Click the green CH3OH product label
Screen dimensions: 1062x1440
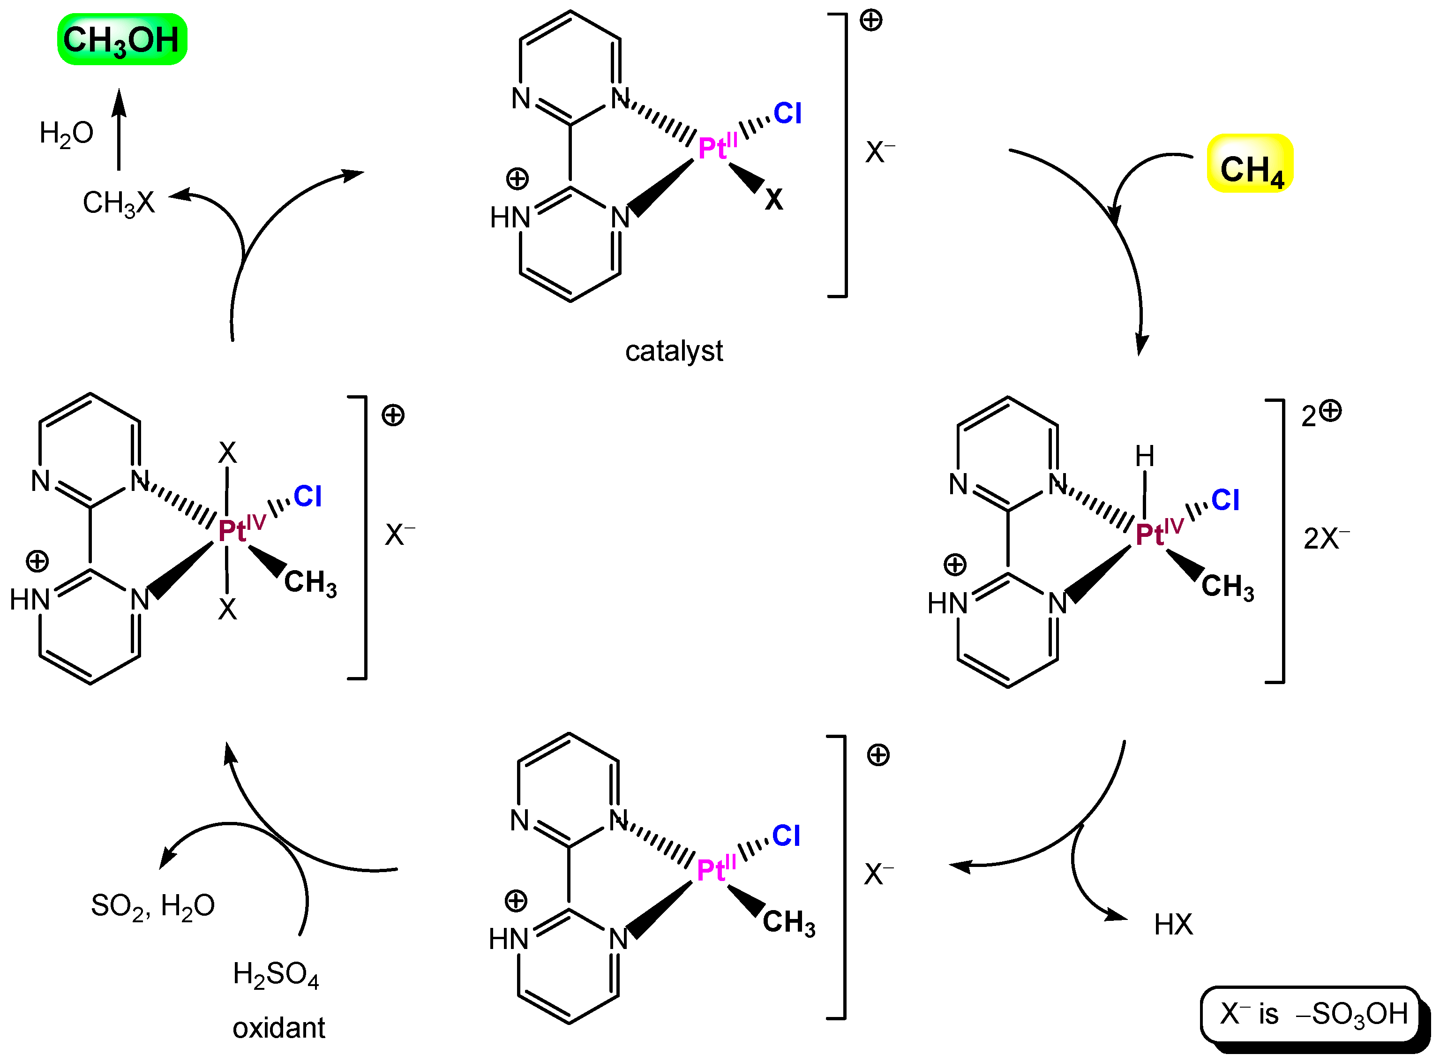click(x=122, y=40)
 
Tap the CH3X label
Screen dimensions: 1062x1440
click(x=119, y=203)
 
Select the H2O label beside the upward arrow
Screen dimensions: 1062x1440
click(x=66, y=134)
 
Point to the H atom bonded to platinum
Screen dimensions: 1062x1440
click(x=1144, y=456)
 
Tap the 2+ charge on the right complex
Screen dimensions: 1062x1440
click(x=1321, y=414)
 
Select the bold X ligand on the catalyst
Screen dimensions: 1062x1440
click(x=773, y=200)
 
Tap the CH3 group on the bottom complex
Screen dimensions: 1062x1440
click(x=788, y=922)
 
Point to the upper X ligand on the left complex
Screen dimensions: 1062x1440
click(x=227, y=452)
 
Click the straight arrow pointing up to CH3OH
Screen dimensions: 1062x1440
click(x=118, y=128)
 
